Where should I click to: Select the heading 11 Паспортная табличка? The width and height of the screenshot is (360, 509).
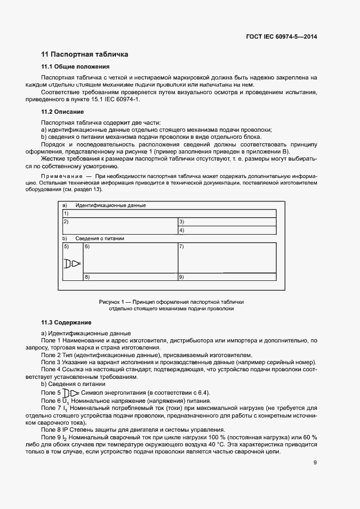pos(84,54)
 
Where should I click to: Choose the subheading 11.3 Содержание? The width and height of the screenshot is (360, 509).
pos(66,322)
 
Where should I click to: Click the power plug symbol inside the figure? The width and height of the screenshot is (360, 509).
pos(72,264)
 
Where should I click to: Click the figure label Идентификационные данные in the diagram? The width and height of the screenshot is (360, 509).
pos(111,205)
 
